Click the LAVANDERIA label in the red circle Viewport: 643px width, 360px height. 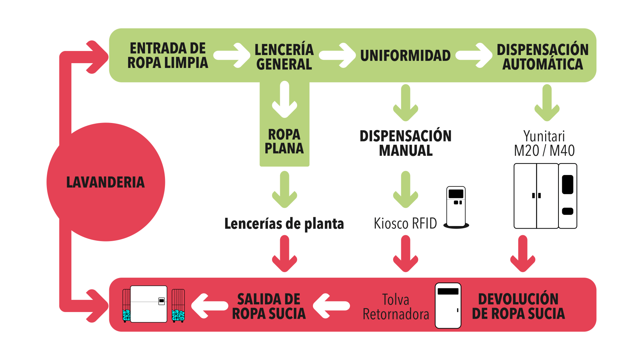pyautogui.click(x=105, y=182)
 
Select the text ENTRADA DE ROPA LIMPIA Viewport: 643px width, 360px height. pyautogui.click(x=168, y=56)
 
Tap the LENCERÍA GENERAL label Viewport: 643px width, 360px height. pyautogui.click(x=284, y=57)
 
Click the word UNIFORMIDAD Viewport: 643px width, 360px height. pyautogui.click(x=405, y=56)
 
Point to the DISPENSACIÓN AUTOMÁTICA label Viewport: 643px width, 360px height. pyautogui.click(x=542, y=57)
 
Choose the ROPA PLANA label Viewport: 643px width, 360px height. pyautogui.click(x=284, y=141)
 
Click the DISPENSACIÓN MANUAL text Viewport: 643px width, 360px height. pyautogui.click(x=405, y=143)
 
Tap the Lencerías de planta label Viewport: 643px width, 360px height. pyautogui.click(x=284, y=224)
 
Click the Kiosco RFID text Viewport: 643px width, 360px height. pyautogui.click(x=405, y=224)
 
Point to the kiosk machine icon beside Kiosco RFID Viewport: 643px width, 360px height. pyautogui.click(x=456, y=207)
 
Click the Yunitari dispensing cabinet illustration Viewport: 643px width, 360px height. pyautogui.click(x=545, y=196)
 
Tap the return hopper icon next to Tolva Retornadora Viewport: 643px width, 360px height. pyautogui.click(x=448, y=306)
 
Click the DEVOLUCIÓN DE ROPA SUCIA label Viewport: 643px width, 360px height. pyautogui.click(x=518, y=306)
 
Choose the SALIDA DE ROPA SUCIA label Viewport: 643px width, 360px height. pyautogui.click(x=269, y=306)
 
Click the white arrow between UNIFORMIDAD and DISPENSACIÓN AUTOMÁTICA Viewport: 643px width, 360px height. pyautogui.click(x=475, y=55)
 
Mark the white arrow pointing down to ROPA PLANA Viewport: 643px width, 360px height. pyautogui.click(x=284, y=99)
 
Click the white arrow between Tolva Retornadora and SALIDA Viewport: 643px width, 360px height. pyautogui.click(x=330, y=306)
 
